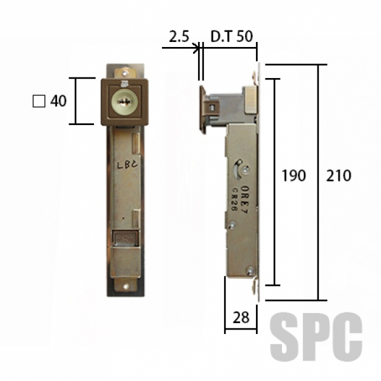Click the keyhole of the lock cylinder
tap(123, 102)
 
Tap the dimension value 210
tap(338, 176)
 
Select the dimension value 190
tap(293, 176)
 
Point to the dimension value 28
tap(241, 317)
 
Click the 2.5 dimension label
tap(179, 37)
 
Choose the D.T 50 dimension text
tap(232, 36)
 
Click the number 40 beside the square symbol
tap(58, 101)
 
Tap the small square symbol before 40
tap(39, 101)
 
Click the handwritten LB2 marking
tap(128, 165)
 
